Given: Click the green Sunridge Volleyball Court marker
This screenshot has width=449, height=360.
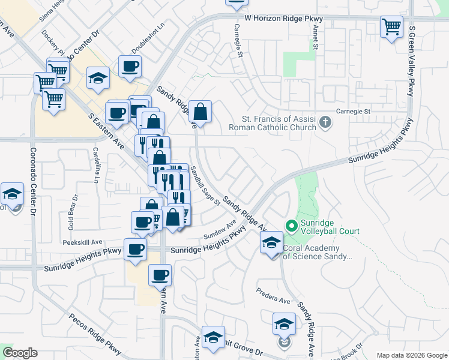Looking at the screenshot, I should click(292, 226).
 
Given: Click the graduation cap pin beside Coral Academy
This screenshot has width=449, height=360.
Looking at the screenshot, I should click(271, 244).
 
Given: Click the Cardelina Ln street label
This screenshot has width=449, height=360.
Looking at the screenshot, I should click(95, 165).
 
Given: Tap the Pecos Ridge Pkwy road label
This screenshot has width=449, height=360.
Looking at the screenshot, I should click(94, 332).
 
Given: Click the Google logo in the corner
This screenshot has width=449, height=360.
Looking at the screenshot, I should click(20, 353).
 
